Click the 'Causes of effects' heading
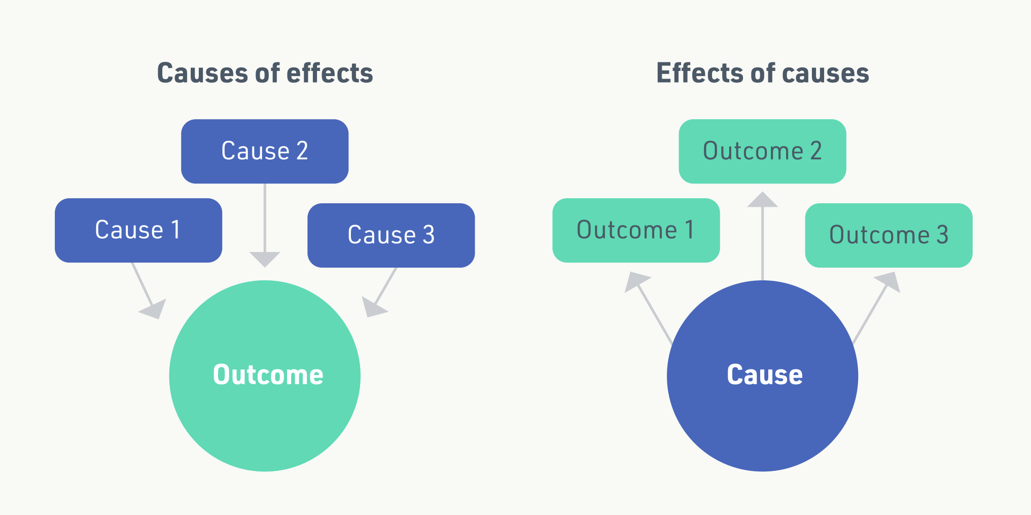[x=265, y=73]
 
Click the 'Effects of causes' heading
[x=762, y=73]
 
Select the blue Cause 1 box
[x=138, y=230]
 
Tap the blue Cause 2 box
[x=265, y=151]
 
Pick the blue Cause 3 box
[x=391, y=235]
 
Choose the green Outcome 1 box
[x=635, y=230]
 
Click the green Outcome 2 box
[x=762, y=151]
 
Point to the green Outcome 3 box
[x=888, y=235]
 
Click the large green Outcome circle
[x=265, y=406]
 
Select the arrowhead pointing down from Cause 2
[x=265, y=259]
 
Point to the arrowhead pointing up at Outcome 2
[x=762, y=200]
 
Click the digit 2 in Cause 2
[x=302, y=151]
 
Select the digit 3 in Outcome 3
[x=942, y=235]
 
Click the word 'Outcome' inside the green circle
[x=268, y=375]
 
